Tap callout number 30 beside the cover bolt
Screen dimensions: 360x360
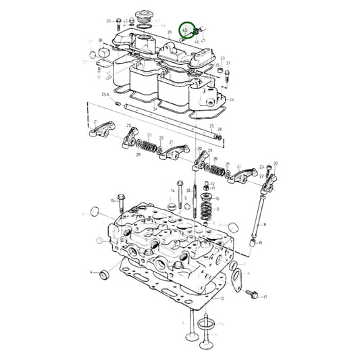(109, 21)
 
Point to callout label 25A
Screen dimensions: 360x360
(105, 95)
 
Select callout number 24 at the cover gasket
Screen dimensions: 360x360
(232, 99)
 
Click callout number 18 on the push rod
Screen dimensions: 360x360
(264, 224)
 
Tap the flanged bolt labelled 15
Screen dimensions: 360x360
(120, 203)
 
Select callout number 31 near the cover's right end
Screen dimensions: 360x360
(228, 64)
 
